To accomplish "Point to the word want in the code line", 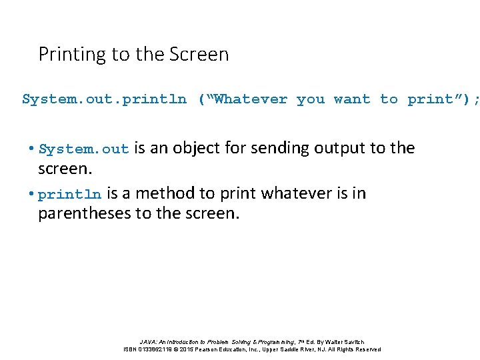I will pyautogui.click(x=352, y=99).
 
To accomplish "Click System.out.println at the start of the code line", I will pyautogui.click(x=105, y=99).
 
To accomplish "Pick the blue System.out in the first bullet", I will pyautogui.click(x=83, y=149).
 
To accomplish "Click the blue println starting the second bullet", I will pyautogui.click(x=70, y=195).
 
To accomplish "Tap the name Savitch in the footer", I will pyautogui.click(x=352, y=341).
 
